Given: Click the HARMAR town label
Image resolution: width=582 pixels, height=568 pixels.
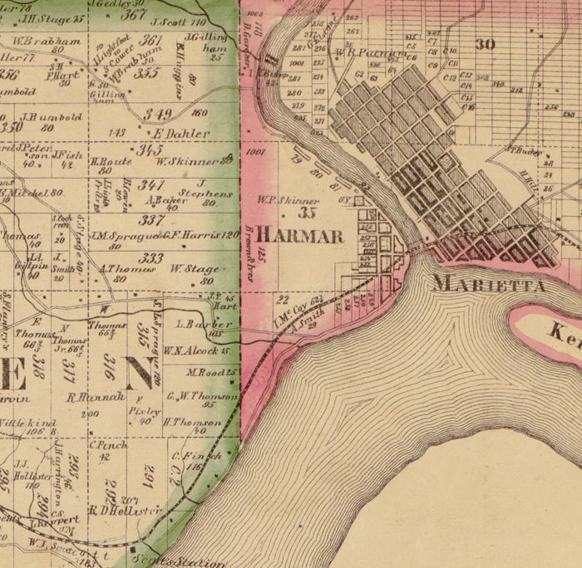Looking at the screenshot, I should pos(299,236).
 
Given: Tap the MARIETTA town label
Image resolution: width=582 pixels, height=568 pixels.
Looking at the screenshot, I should pos(489,285).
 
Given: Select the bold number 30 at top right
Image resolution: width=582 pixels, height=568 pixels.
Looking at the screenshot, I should pos(485,44).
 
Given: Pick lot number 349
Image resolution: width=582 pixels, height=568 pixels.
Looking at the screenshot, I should pos(157,114).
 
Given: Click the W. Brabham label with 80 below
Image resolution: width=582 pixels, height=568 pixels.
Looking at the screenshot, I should pos(46,41).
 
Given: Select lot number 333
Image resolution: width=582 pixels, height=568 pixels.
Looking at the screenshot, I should pos(150,257).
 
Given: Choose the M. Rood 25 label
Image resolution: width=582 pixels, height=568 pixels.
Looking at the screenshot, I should pos(211,372).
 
